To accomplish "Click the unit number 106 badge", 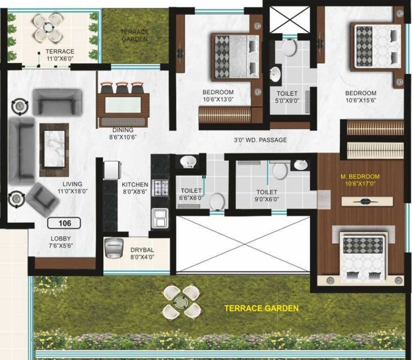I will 64,223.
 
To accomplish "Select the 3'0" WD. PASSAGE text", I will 260,140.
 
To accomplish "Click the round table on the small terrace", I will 48,28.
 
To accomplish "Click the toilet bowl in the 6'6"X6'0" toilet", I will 217,202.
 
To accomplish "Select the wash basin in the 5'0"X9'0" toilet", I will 276,74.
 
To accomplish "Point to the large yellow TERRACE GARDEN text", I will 261,308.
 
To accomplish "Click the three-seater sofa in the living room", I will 21,150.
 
